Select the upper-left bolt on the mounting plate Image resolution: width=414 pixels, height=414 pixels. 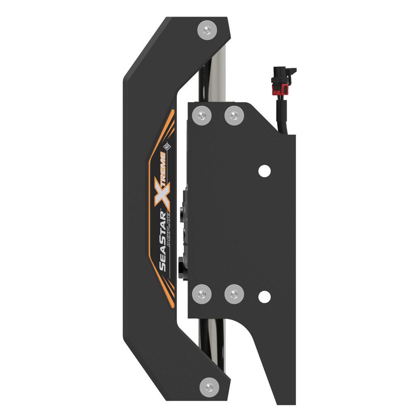point(202,116)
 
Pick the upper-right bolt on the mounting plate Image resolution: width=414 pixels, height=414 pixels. point(234,116)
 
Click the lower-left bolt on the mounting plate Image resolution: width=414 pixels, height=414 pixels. point(202,294)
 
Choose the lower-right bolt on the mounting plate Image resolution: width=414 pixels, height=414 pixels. point(234,294)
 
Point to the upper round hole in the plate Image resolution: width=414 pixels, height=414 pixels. point(264,170)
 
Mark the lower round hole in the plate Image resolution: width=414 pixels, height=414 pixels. point(264,296)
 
